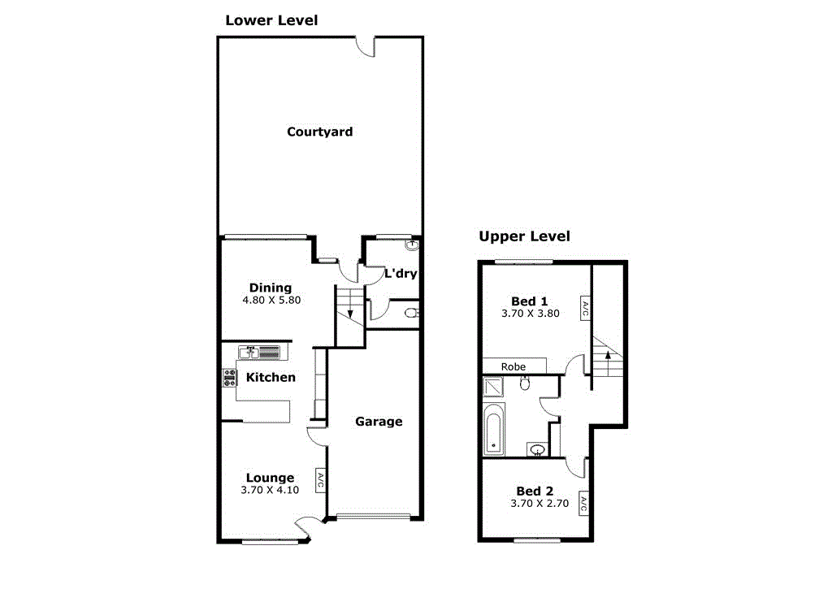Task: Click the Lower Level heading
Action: tap(271, 20)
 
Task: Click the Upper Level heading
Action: tap(524, 236)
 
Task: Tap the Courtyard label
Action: tap(319, 132)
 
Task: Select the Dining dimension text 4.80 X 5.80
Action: tap(271, 300)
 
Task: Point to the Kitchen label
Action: tap(271, 377)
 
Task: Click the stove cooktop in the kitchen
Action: tap(229, 378)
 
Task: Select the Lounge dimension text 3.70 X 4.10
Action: tap(270, 491)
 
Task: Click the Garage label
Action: tap(379, 422)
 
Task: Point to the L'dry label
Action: tap(400, 273)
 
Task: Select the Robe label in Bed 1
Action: tap(513, 366)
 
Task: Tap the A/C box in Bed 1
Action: tap(584, 308)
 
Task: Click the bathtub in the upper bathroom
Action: tap(493, 431)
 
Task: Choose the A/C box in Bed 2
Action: tap(583, 504)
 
